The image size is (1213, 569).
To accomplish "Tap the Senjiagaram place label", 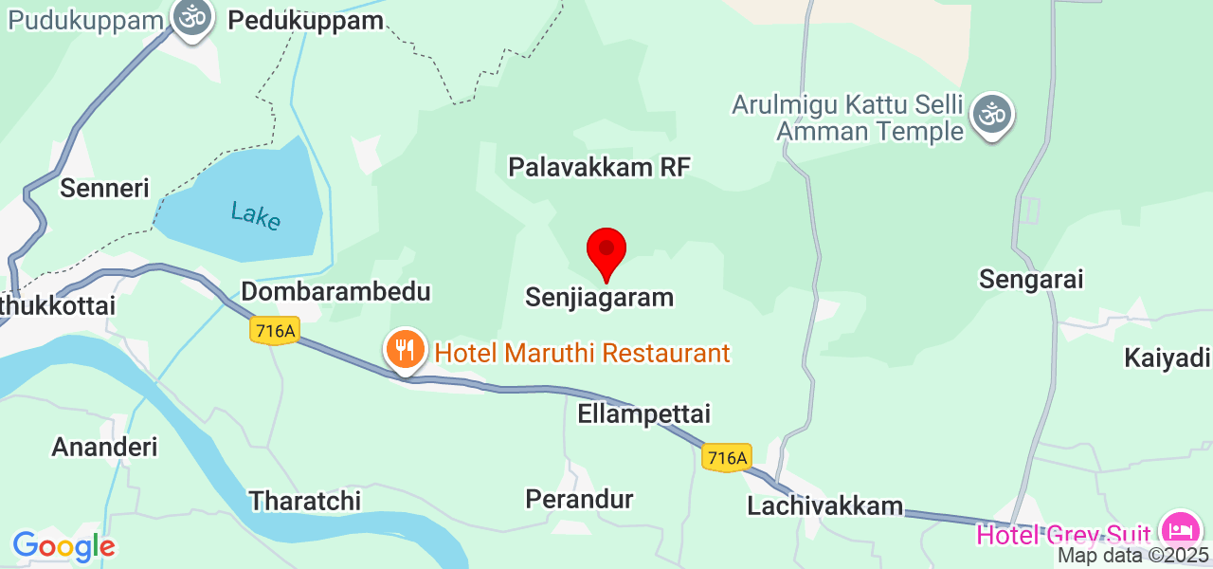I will click(600, 297).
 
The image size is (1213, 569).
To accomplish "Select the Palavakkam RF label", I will click(599, 168).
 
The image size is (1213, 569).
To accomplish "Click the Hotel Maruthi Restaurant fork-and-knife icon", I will click(405, 350).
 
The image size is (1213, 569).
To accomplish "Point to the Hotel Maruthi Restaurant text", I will click(582, 354).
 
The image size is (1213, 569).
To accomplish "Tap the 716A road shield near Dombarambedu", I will click(276, 330).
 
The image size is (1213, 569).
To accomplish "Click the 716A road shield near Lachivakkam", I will click(727, 458).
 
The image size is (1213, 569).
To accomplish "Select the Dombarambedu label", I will click(335, 291).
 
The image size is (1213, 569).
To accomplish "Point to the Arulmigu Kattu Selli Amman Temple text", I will click(847, 118).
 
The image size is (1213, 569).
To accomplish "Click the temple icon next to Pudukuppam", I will click(193, 17).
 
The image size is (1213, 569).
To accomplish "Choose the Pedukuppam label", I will click(306, 20).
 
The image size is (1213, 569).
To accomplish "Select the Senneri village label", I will click(104, 188).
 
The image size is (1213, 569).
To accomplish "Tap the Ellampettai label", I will click(643, 414).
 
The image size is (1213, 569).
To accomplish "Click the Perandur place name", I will click(579, 499).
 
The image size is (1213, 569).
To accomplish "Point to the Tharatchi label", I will click(304, 501).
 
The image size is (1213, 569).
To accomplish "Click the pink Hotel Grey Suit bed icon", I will click(1180, 529).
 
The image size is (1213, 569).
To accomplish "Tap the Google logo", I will click(63, 546).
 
